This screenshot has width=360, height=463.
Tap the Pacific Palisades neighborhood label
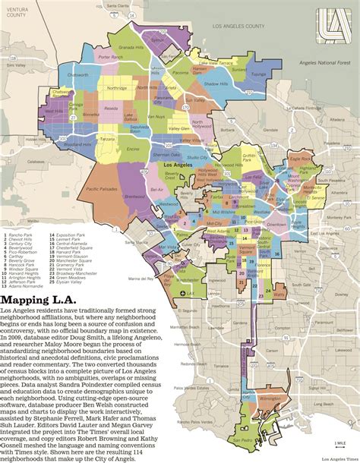103,189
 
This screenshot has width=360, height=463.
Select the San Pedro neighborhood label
243,439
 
